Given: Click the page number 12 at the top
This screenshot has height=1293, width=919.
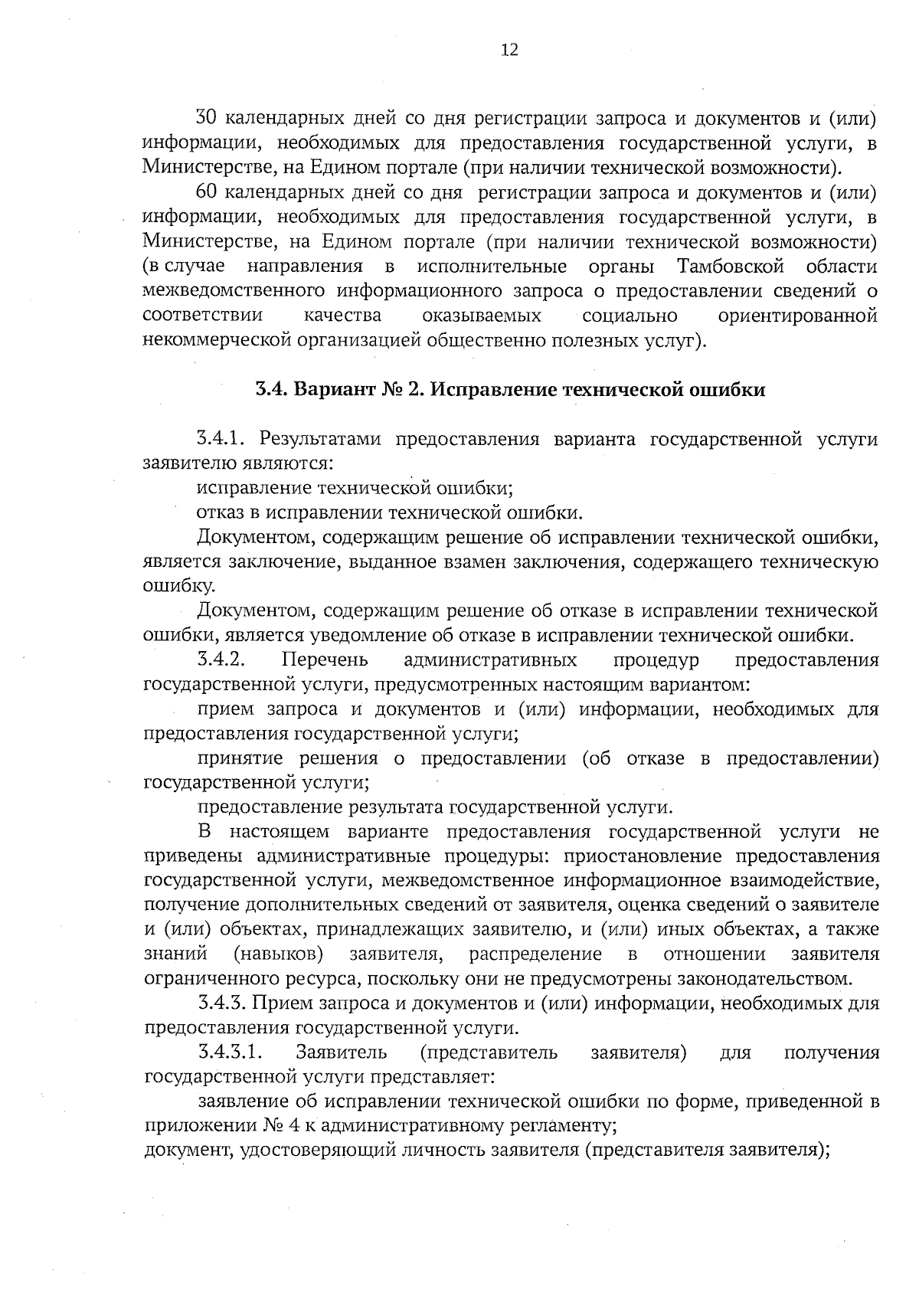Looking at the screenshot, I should click(x=509, y=51).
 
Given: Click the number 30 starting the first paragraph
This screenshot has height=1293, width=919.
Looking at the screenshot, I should click(x=208, y=119).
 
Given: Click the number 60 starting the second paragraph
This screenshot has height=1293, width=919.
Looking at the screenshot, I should click(x=208, y=192).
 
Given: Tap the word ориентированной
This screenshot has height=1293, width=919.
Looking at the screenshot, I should click(x=796, y=316).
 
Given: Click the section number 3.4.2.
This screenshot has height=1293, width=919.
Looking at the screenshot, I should click(x=221, y=660).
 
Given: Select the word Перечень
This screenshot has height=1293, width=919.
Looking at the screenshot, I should click(x=325, y=660).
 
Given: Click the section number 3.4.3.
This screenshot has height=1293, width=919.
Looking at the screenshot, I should click(x=221, y=1003).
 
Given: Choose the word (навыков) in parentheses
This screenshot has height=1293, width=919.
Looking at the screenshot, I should click(x=278, y=954).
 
